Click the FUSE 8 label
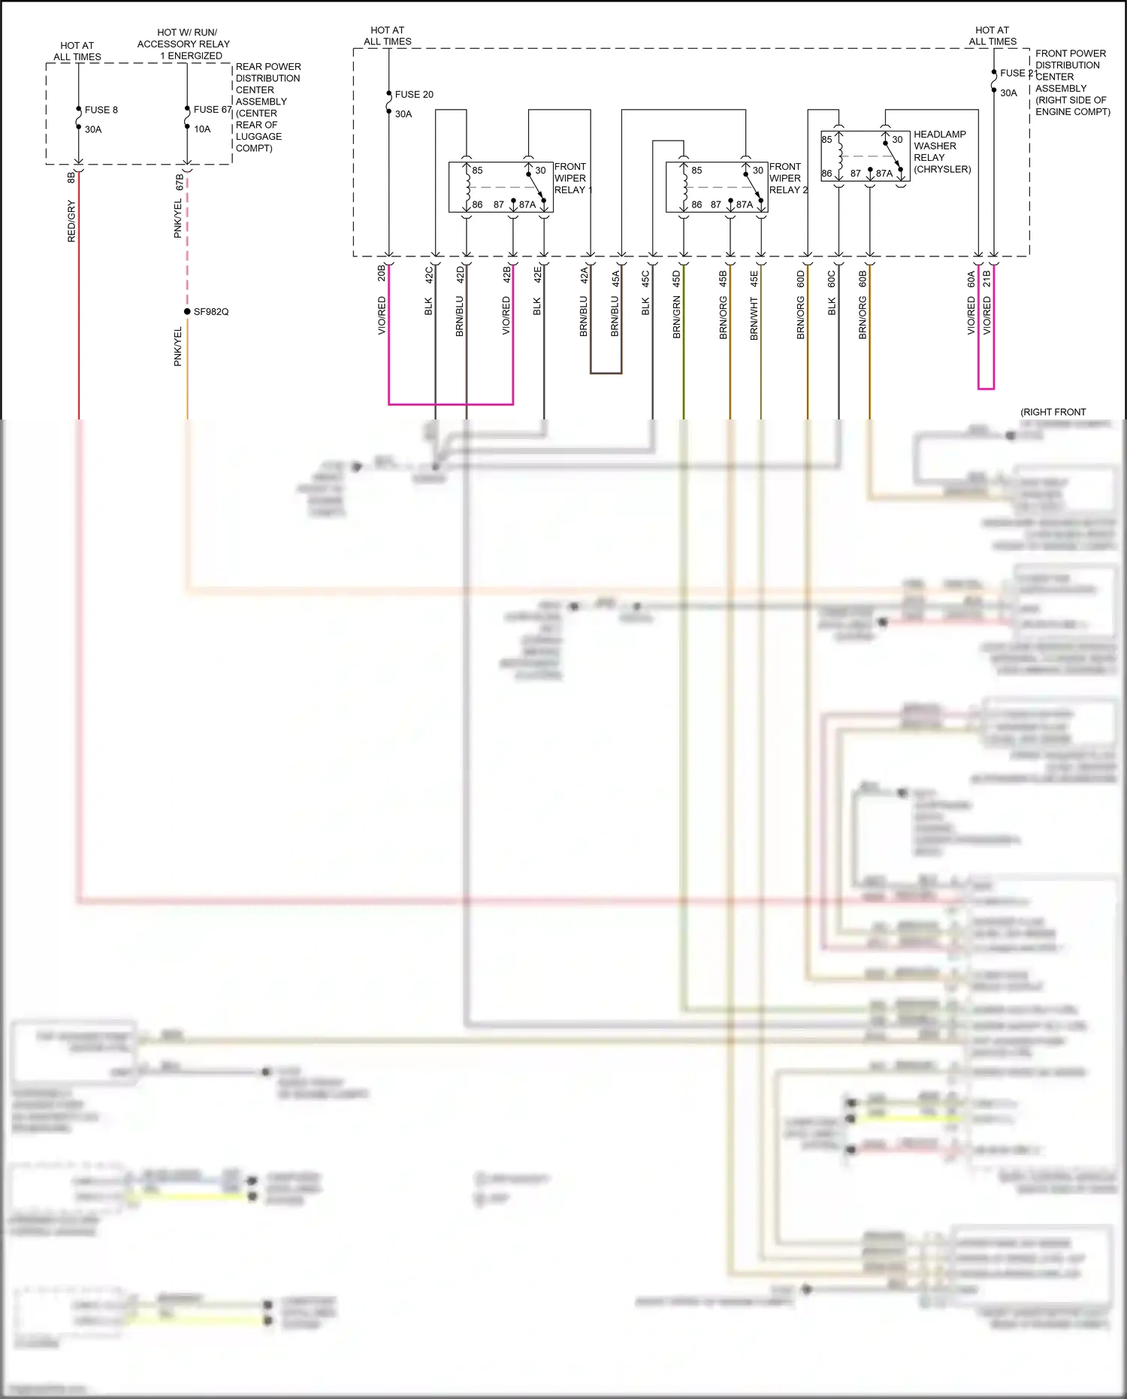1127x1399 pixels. click(x=101, y=110)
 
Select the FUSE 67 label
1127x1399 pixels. click(x=212, y=110)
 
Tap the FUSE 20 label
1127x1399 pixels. click(x=414, y=95)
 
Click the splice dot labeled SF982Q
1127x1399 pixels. click(x=187, y=311)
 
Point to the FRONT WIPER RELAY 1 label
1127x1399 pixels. click(x=573, y=178)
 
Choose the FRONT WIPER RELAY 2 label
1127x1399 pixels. click(x=787, y=178)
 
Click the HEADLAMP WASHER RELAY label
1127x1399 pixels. click(x=941, y=152)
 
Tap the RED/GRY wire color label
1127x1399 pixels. click(x=71, y=221)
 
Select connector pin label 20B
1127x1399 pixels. click(x=382, y=272)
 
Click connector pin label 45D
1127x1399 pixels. click(x=676, y=279)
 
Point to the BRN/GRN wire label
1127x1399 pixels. click(x=676, y=316)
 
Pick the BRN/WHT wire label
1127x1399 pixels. click(x=754, y=319)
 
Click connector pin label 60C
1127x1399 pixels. click(x=832, y=279)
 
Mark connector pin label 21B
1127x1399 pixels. click(x=987, y=279)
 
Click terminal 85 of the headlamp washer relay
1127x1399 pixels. click(x=826, y=140)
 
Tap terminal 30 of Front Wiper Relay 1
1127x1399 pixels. click(x=540, y=171)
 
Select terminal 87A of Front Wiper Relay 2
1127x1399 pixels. click(x=744, y=204)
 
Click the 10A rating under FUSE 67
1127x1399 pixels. click(x=202, y=129)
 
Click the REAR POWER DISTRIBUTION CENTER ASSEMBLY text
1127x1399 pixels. click(x=267, y=107)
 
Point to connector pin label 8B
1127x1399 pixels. click(x=71, y=177)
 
